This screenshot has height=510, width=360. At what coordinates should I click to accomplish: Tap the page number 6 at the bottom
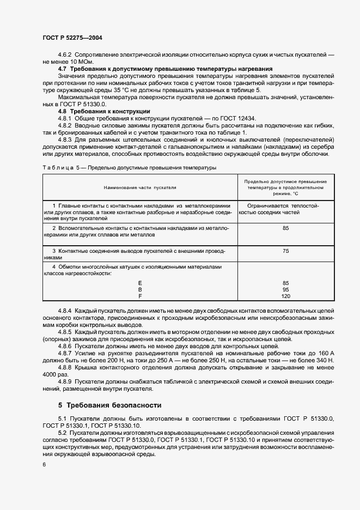tap(44, 464)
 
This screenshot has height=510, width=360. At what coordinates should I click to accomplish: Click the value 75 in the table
tap(285, 251)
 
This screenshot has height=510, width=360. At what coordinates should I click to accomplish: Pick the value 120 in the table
tap(285, 296)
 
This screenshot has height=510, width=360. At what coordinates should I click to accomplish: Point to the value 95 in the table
tap(285, 289)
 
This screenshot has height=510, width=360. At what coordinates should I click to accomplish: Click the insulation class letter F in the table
tap(140, 296)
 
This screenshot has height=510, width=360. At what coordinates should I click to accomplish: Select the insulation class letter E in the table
tap(140, 283)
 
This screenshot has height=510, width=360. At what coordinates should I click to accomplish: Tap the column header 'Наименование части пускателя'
tap(140, 186)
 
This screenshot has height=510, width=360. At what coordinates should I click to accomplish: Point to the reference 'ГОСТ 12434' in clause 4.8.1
tap(240, 118)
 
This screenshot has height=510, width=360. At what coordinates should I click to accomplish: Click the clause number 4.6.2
tap(65, 56)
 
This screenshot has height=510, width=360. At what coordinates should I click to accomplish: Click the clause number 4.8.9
tap(65, 382)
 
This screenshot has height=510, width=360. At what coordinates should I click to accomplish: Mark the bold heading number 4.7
tap(62, 69)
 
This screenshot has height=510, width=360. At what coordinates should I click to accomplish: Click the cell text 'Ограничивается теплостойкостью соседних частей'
tap(283, 209)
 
